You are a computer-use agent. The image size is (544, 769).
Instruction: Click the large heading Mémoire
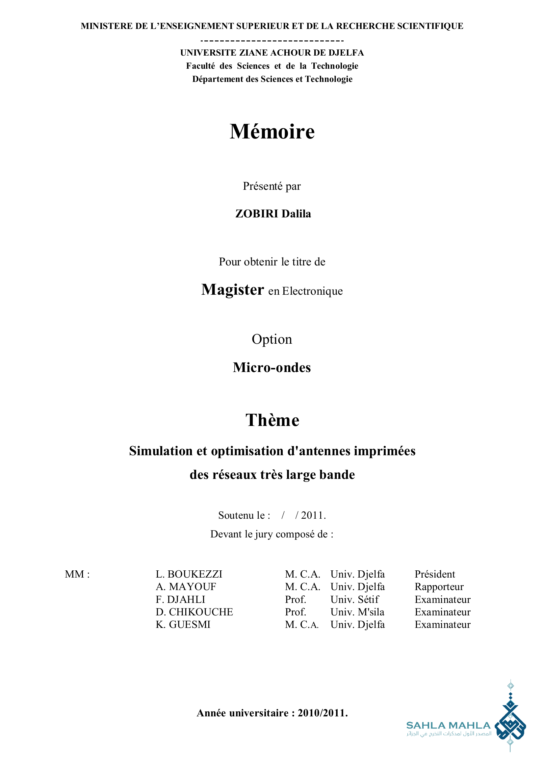(x=272, y=131)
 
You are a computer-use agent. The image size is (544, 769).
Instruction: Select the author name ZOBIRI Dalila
(x=273, y=214)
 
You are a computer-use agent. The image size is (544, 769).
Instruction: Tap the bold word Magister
(x=233, y=290)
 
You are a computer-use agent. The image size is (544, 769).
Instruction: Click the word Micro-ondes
(x=272, y=368)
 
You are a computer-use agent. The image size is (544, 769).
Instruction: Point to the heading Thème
(x=272, y=420)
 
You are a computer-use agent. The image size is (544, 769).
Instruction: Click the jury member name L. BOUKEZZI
(x=189, y=574)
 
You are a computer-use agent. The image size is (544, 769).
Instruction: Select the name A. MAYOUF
(x=186, y=587)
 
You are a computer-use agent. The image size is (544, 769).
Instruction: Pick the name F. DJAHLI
(x=180, y=600)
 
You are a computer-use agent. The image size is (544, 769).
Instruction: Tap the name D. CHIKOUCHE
(x=194, y=612)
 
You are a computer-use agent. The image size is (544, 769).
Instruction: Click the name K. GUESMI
(x=183, y=625)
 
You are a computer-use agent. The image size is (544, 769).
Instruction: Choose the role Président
(x=435, y=574)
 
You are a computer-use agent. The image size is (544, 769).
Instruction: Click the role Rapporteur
(x=439, y=587)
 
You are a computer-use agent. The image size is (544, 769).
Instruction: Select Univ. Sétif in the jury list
(x=355, y=600)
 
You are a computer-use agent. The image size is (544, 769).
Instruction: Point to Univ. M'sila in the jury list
(x=357, y=612)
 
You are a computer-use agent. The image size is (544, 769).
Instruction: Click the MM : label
(x=77, y=574)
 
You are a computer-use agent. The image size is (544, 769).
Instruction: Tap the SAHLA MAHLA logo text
(x=448, y=726)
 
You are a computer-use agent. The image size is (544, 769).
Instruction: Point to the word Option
(x=272, y=339)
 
